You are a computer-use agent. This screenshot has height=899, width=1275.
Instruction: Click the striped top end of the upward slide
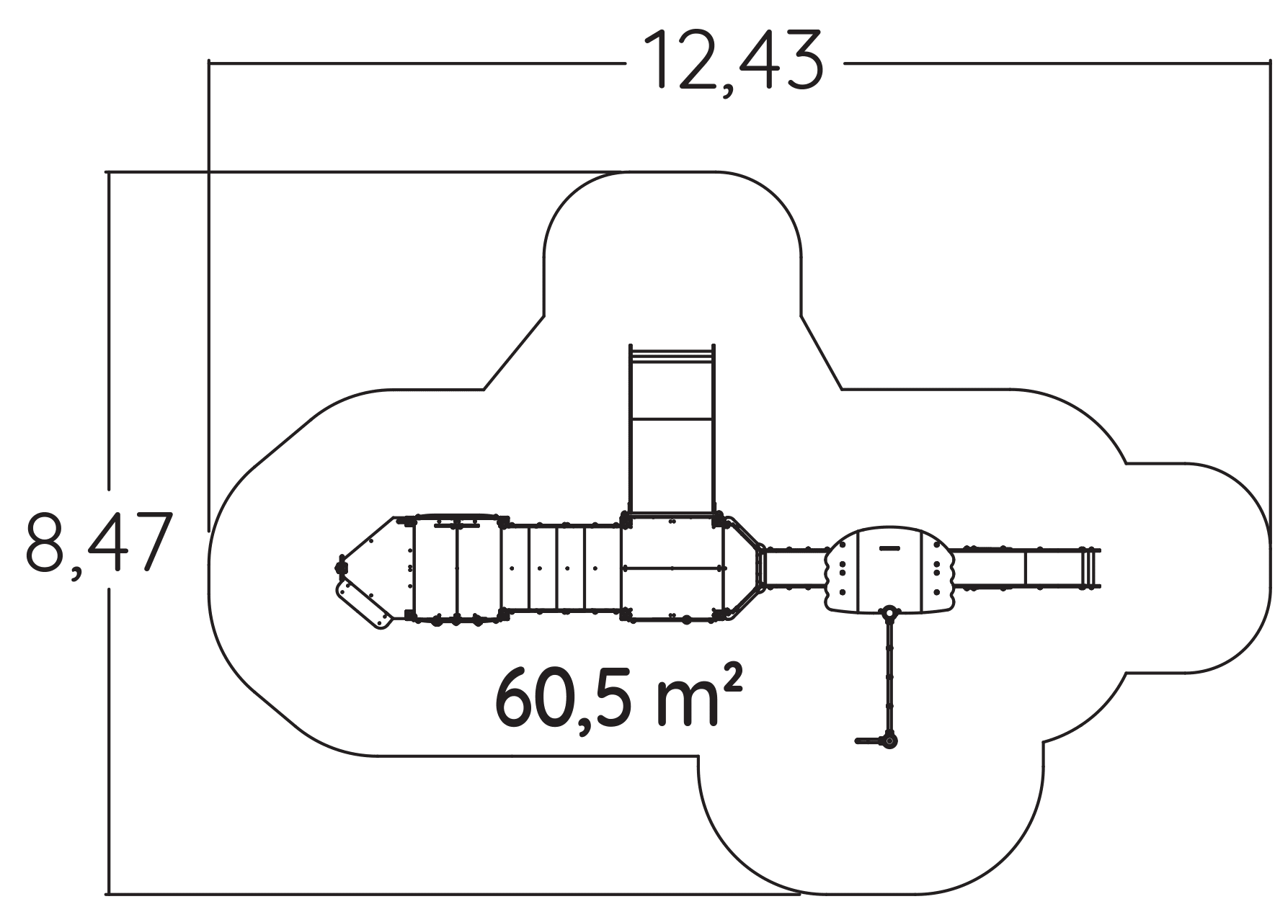[x=672, y=354]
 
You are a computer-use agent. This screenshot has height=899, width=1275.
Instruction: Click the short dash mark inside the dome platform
[x=890, y=548]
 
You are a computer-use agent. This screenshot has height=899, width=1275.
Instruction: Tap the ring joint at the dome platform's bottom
[x=891, y=614]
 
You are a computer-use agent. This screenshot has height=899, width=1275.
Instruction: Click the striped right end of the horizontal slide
[x=1089, y=568]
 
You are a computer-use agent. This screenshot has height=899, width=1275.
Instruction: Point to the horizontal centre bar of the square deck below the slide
[x=672, y=568]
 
